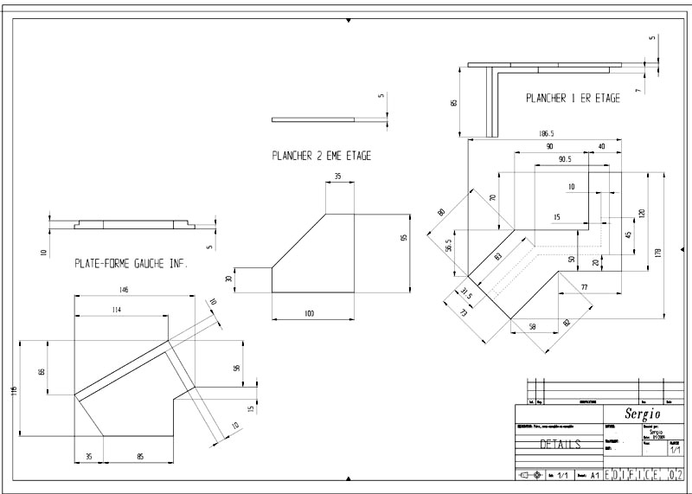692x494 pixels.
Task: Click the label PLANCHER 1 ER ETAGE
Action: [x=573, y=99]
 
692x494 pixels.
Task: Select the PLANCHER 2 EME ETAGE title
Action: [x=321, y=157]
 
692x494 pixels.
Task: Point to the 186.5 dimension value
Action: [x=546, y=134]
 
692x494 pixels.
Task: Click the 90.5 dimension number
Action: [x=564, y=160]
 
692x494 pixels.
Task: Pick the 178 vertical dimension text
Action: [x=659, y=253]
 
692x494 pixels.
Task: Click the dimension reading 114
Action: [x=116, y=309]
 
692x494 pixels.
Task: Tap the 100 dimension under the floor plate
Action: [x=309, y=312]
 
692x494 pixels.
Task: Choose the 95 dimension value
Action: [x=403, y=238]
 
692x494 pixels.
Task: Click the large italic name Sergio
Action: [x=635, y=412]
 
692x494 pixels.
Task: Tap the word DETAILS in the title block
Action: [x=561, y=444]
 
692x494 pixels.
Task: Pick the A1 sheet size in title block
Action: [x=594, y=475]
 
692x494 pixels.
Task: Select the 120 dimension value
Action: [x=642, y=213]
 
